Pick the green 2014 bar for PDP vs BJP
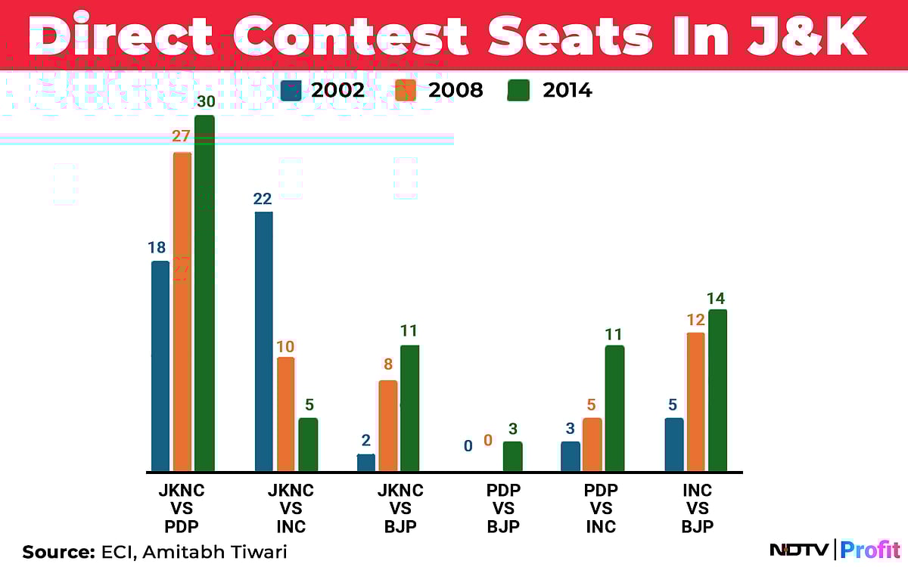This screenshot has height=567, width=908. click(x=512, y=457)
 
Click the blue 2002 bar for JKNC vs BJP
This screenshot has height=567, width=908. click(x=366, y=463)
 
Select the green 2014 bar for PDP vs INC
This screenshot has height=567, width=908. click(x=614, y=408)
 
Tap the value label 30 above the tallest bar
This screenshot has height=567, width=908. click(x=204, y=101)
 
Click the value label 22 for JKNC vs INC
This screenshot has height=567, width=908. click(x=264, y=198)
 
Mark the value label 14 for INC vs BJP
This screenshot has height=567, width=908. click(x=717, y=298)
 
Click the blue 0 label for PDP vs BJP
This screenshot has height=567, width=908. click(x=468, y=446)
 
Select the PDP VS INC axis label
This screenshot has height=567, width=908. click(x=601, y=509)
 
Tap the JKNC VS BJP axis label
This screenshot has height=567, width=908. click(x=400, y=509)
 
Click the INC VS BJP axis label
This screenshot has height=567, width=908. click(x=697, y=509)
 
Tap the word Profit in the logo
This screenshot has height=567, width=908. click(x=871, y=550)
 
